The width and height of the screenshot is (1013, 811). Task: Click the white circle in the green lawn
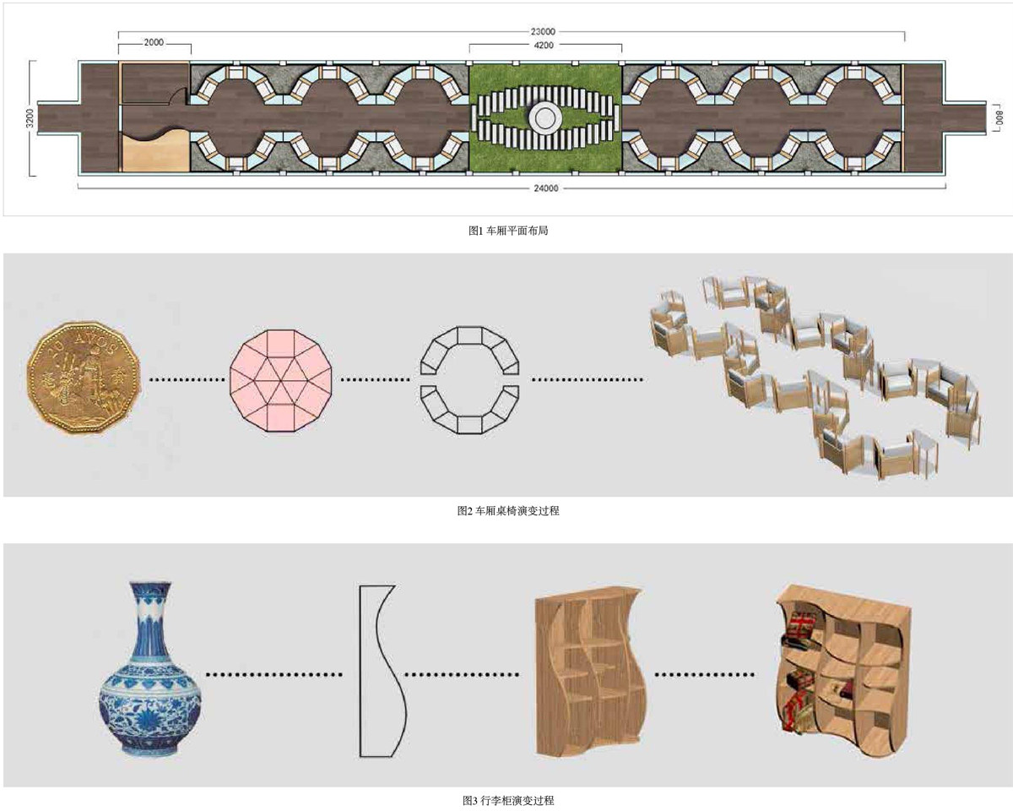544,117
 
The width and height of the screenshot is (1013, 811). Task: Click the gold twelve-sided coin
80,381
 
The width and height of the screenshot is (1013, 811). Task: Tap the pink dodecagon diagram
282,381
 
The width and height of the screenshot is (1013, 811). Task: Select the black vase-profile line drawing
381,670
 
